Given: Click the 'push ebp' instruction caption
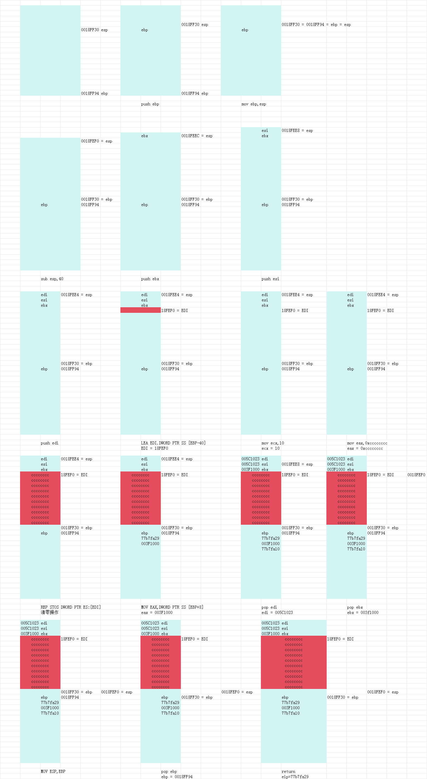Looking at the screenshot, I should click(150, 104).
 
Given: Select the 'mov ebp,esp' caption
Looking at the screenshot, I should click(254, 104).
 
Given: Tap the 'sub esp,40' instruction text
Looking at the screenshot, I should click(52, 279).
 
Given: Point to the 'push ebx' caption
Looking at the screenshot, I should click(150, 279).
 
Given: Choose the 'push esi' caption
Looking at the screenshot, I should click(270, 279).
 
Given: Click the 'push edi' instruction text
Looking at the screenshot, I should click(50, 443).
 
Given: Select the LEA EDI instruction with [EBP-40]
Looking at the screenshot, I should click(173, 443).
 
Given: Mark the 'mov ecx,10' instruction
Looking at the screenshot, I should click(273, 443).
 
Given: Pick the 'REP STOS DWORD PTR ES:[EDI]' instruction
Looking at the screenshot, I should click(71, 607).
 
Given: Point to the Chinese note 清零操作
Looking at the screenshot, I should click(50, 612).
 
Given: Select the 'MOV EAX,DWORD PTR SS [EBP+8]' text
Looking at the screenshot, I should click(172, 607).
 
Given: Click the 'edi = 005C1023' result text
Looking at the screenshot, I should click(277, 613).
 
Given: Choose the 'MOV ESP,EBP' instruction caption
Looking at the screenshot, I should click(53, 771).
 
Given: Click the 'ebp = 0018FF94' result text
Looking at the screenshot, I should click(177, 776).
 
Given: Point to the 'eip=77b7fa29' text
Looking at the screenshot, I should click(295, 776).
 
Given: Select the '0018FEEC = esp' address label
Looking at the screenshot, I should click(197, 136).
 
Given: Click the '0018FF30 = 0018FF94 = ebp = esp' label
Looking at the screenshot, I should click(316, 25).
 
